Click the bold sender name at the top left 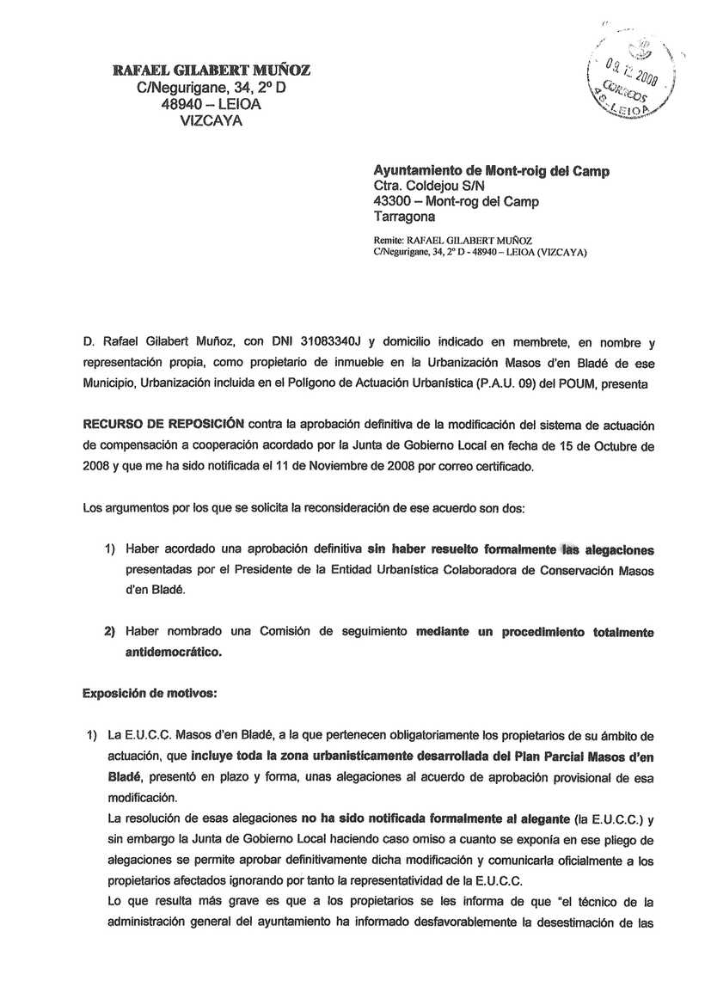click(x=211, y=70)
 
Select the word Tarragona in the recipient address click(x=404, y=218)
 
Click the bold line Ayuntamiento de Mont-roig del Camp click(x=492, y=171)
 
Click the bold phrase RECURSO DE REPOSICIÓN click(x=163, y=424)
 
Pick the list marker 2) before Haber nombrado click(x=110, y=632)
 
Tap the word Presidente click(x=263, y=570)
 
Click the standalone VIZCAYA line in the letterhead click(x=211, y=120)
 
